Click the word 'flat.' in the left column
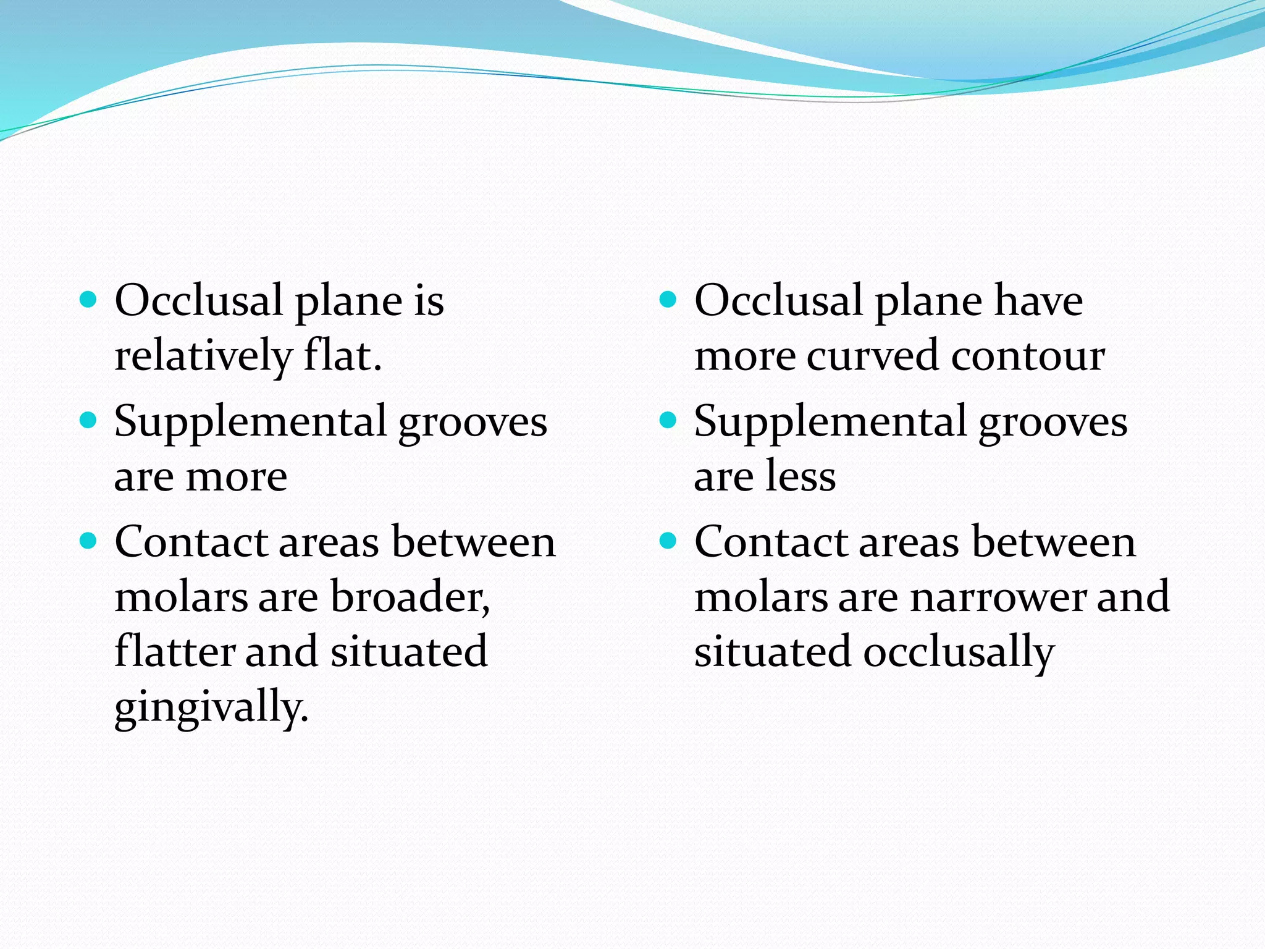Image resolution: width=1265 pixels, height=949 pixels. click(x=342, y=356)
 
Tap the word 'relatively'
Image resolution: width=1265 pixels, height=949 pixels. click(x=203, y=356)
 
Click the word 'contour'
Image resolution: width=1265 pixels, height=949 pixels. click(x=1028, y=356)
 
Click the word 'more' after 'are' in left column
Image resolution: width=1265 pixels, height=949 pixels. click(x=236, y=477)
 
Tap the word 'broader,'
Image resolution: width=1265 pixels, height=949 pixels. click(x=410, y=597)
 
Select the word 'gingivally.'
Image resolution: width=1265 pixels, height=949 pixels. click(x=211, y=708)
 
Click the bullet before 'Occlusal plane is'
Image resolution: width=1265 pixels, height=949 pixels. click(x=89, y=300)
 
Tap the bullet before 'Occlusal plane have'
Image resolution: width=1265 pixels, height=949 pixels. click(x=668, y=300)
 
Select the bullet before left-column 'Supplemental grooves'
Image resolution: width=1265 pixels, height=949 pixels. click(x=89, y=421)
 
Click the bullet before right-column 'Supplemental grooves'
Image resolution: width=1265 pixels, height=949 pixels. click(x=668, y=421)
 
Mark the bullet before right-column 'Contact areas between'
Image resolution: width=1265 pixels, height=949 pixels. click(x=668, y=542)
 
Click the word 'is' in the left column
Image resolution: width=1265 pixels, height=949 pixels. click(x=429, y=301)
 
